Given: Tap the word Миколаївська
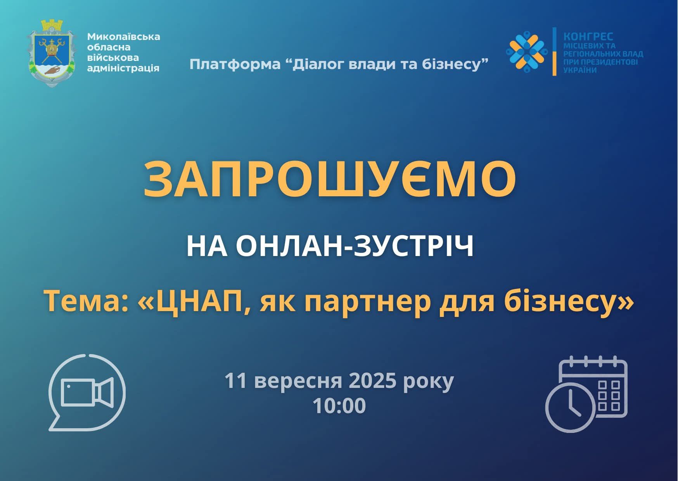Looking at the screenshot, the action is point(124,37).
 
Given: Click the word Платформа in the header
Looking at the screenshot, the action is point(235,64).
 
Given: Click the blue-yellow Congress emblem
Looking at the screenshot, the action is point(526,51).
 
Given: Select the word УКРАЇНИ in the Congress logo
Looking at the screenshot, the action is point(580,70).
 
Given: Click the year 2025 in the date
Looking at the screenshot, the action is point(373,381).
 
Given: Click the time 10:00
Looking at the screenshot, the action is point(339,406).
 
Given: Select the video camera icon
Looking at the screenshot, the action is point(87,392).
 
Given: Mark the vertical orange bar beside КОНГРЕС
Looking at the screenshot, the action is point(555,51).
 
